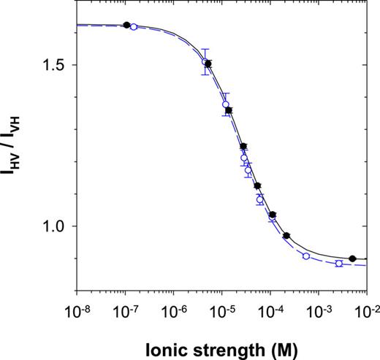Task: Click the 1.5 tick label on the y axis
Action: coord(58,65)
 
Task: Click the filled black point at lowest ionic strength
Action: coord(126,25)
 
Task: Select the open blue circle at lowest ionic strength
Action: coord(133,27)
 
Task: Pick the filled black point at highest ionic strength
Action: coord(352,258)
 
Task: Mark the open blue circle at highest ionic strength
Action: coord(338,263)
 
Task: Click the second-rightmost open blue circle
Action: coord(306,256)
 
